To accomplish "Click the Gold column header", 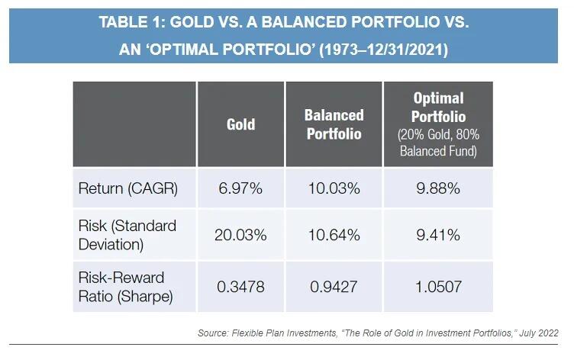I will pyautogui.click(x=240, y=124).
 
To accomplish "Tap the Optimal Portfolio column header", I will pyautogui.click(x=438, y=108).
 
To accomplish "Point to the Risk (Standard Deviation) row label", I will pyautogui.click(x=127, y=234).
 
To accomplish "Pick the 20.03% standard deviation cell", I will pyautogui.click(x=240, y=234).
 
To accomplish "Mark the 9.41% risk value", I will pyautogui.click(x=438, y=234).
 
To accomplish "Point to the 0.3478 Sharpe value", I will pyautogui.click(x=240, y=284).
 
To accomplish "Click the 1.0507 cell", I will pyautogui.click(x=438, y=284).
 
